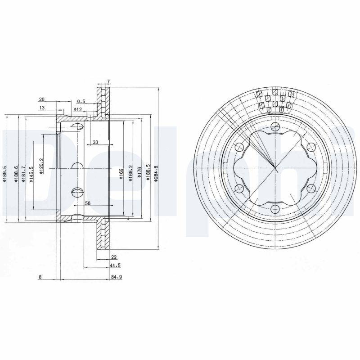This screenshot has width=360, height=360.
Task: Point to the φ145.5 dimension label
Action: [31, 174]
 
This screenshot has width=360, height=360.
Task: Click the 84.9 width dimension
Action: [117, 278]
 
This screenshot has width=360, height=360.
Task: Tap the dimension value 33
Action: [95, 143]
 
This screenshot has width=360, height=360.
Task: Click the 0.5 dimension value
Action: [81, 101]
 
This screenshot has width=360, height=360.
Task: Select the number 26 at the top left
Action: [41, 99]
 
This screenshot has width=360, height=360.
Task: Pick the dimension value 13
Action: [41, 108]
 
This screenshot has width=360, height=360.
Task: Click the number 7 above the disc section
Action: [108, 81]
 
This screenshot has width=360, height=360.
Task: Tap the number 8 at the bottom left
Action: [40, 278]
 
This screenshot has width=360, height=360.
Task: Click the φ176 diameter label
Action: [140, 173]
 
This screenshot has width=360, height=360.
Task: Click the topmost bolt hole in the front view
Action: [275, 126]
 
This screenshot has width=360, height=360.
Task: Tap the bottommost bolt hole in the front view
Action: [275, 208]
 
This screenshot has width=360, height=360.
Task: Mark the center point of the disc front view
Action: [275, 167]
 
